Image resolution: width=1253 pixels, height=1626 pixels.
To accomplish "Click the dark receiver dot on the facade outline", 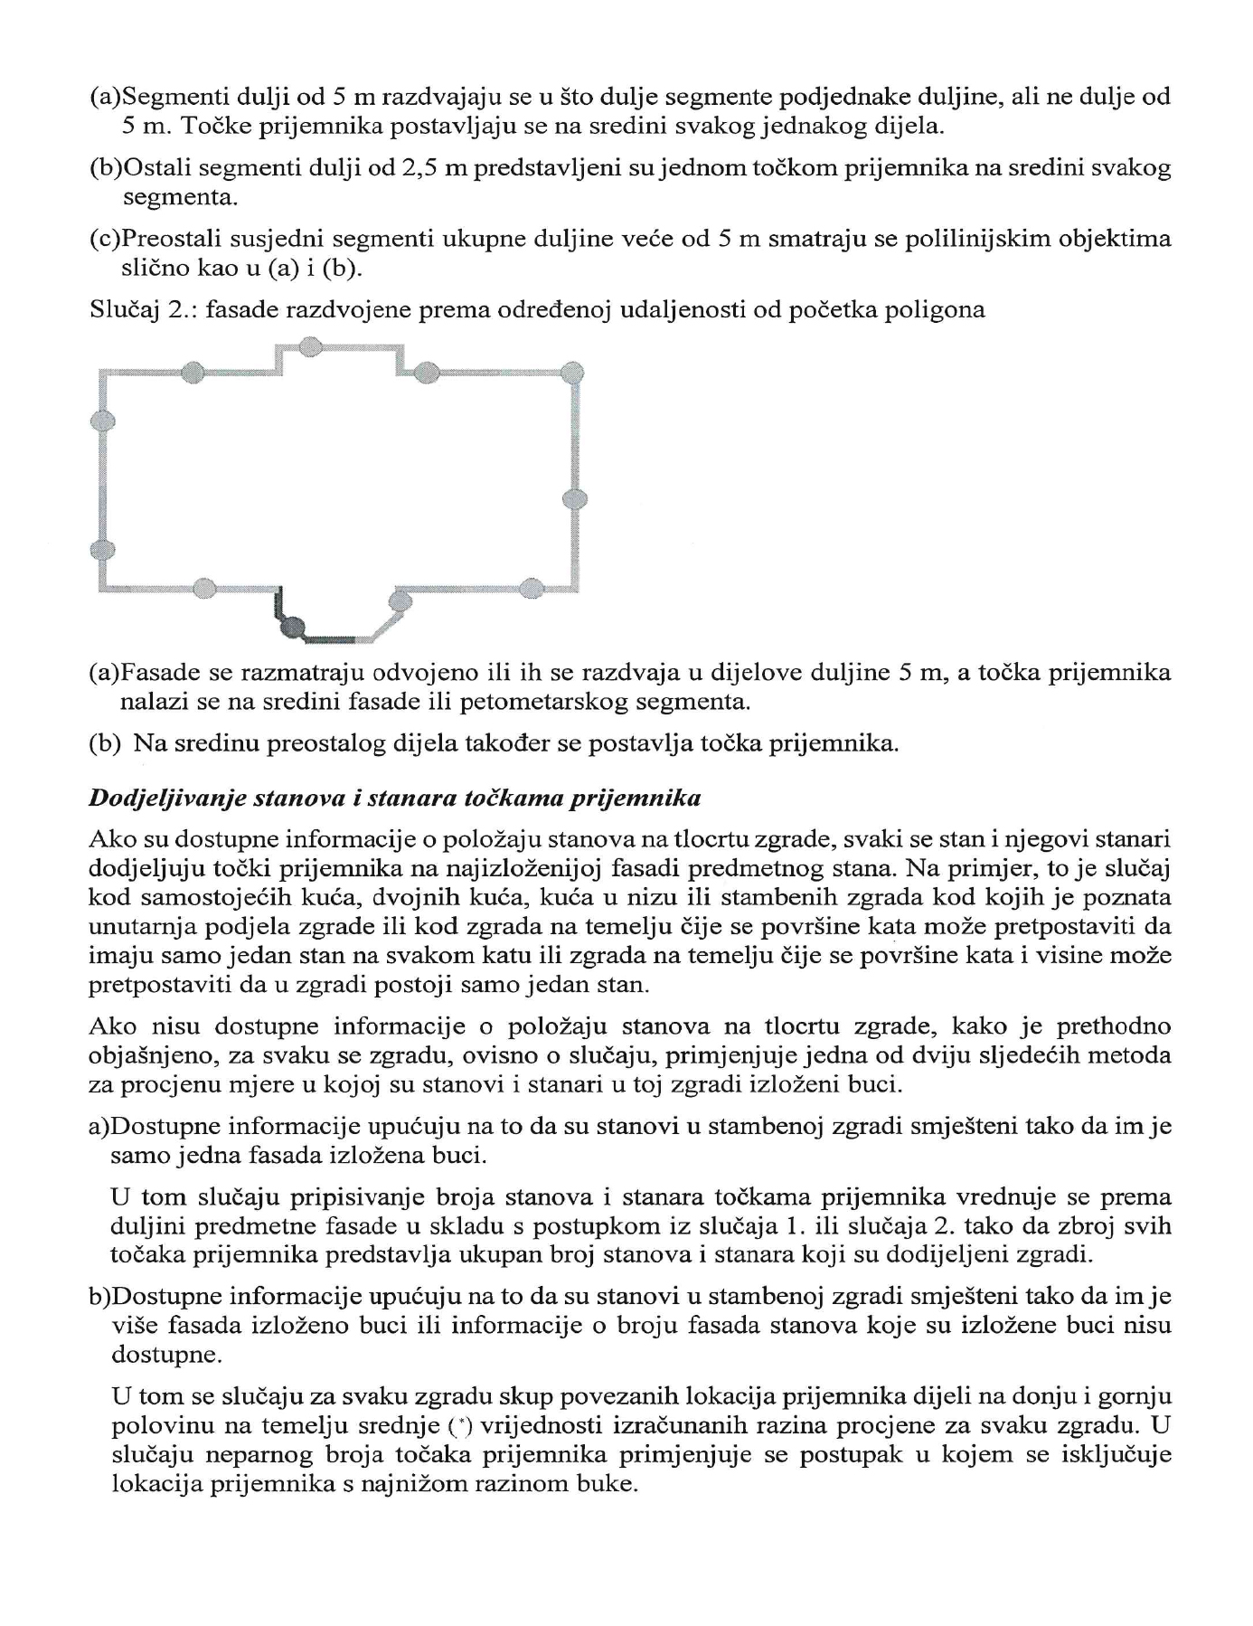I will (291, 625).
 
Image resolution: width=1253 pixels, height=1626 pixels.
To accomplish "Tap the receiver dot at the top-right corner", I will (573, 372).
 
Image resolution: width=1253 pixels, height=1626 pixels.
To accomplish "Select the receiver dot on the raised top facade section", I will (309, 345).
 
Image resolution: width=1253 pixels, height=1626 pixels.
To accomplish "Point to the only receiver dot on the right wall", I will (575, 498).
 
